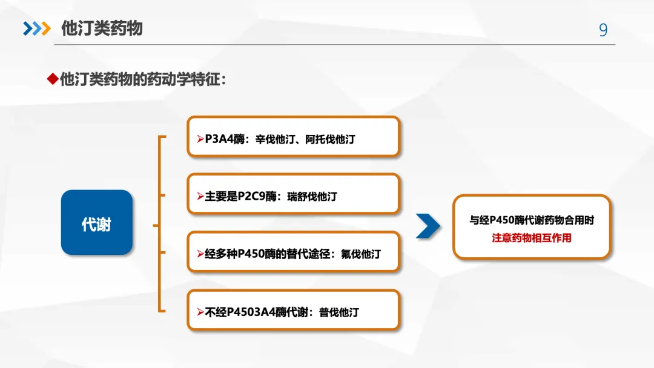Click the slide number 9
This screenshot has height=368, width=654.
[603, 30]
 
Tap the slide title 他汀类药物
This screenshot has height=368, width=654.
[102, 28]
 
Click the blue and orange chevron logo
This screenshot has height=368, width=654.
[36, 28]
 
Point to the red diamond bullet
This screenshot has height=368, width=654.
[52, 79]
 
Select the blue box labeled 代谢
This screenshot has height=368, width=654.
[97, 222]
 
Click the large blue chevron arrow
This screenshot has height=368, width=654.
[429, 226]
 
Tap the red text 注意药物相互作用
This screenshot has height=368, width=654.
[531, 238]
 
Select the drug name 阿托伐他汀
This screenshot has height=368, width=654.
[330, 139]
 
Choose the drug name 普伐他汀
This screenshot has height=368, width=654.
[339, 312]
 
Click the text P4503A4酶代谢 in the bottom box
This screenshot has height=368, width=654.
[264, 312]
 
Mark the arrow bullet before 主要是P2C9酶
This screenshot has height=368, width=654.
[200, 197]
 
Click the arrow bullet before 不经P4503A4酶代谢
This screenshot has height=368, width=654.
[200, 312]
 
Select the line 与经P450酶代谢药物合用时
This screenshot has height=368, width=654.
[531, 220]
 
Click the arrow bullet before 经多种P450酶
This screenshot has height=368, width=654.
[200, 254]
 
